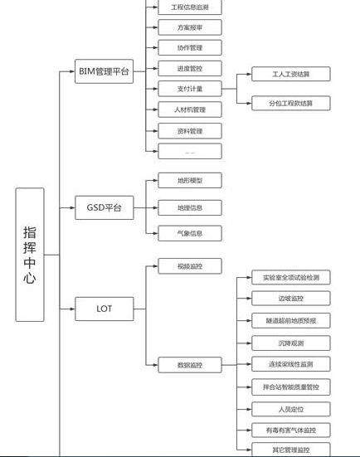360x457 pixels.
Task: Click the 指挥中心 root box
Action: click(x=30, y=255)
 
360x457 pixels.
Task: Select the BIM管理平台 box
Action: click(x=104, y=71)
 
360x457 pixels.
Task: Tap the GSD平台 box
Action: click(x=104, y=208)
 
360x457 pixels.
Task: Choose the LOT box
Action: click(x=104, y=309)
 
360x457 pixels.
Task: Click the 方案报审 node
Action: click(x=190, y=27)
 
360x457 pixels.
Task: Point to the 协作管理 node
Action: click(x=190, y=48)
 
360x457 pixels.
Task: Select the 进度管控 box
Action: click(x=190, y=69)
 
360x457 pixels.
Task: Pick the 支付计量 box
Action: click(x=190, y=89)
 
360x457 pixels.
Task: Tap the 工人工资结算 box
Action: click(x=290, y=75)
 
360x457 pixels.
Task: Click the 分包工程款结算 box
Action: click(x=290, y=104)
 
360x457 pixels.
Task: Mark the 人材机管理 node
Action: click(x=190, y=109)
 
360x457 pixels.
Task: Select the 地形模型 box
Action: click(x=190, y=180)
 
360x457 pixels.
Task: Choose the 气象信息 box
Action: click(x=190, y=233)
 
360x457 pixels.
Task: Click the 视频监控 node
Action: click(x=190, y=266)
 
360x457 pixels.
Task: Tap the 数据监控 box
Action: click(x=190, y=364)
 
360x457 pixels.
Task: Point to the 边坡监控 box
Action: click(x=290, y=299)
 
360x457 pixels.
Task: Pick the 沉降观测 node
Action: click(x=290, y=343)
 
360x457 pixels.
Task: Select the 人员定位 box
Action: click(x=290, y=409)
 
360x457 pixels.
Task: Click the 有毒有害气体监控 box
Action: click(x=290, y=430)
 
